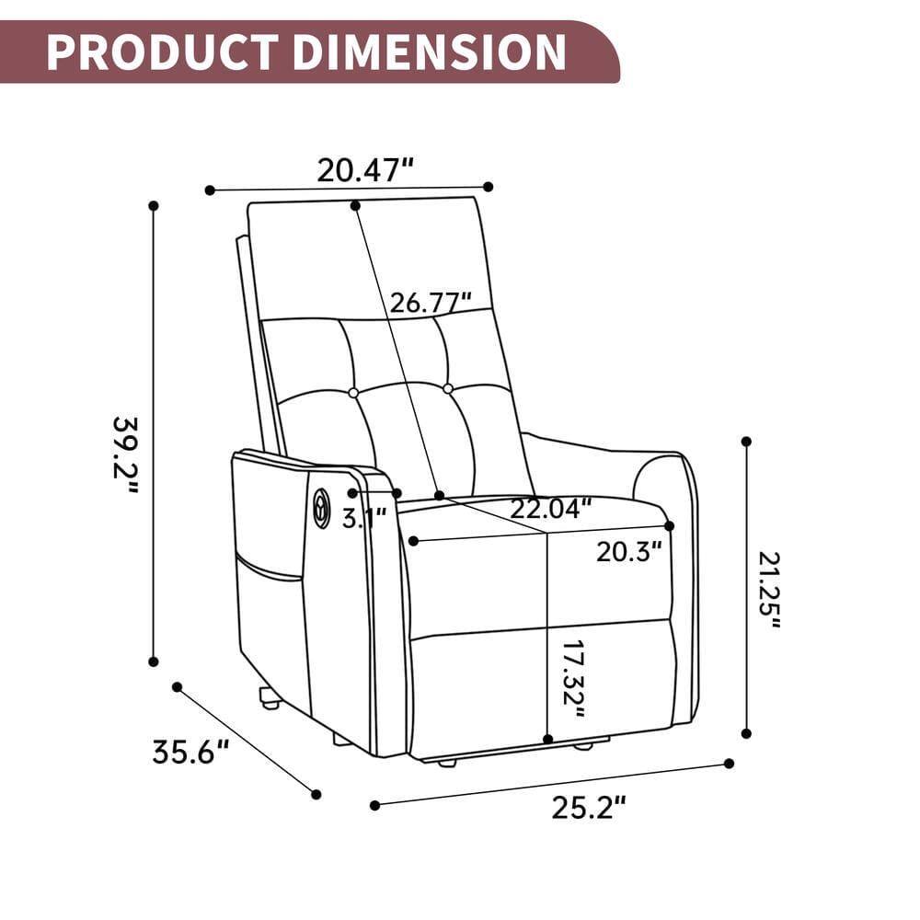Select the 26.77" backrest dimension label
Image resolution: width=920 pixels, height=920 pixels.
coord(431,303)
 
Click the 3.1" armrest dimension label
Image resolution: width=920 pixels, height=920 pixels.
coord(364,517)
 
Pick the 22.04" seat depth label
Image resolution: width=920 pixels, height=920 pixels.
coord(551,508)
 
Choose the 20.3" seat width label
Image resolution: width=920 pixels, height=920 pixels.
coord(629,552)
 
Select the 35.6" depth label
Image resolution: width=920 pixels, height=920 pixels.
coord(190,752)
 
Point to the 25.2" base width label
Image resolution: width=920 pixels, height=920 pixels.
coord(589,808)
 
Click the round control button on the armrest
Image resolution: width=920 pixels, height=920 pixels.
coord(321,509)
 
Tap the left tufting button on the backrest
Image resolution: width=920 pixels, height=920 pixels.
coord(353,393)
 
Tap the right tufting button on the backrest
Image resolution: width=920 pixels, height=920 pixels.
coord(448,389)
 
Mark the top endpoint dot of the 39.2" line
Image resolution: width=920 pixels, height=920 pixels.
coord(154,205)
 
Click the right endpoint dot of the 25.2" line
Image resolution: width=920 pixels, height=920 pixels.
coord(729,763)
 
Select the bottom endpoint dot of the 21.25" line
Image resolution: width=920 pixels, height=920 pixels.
coord(746,733)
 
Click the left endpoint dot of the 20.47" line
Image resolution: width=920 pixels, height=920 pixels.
coord(210,190)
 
